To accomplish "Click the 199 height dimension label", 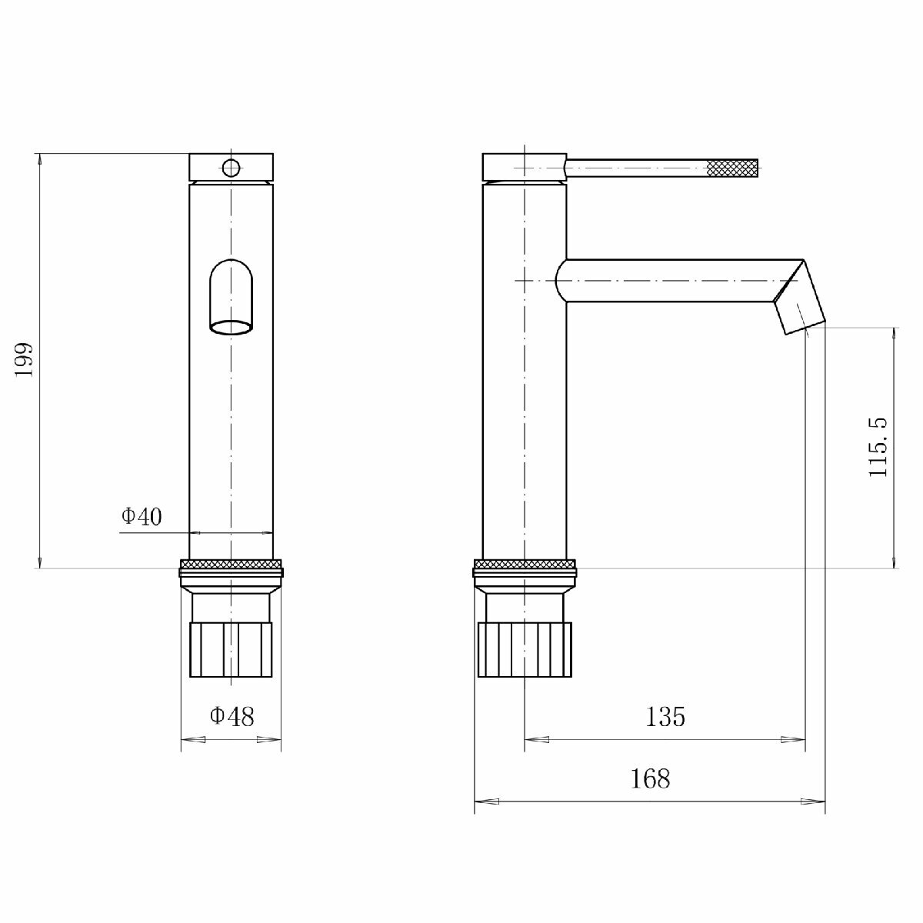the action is tap(24, 360).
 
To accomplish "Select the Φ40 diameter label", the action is tap(142, 516).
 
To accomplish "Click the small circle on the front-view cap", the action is tap(231, 168).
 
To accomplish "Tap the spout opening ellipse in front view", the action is tap(232, 328).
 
